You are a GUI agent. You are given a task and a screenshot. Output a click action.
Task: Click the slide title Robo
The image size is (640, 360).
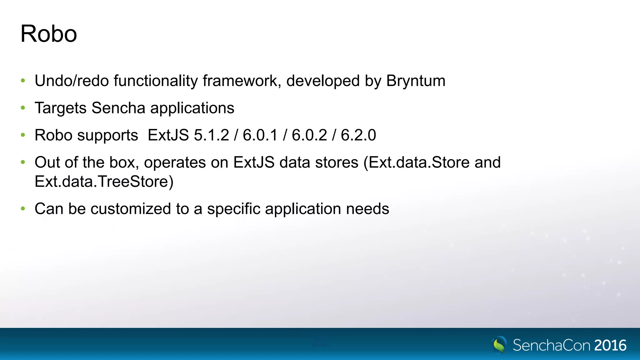pos(48,34)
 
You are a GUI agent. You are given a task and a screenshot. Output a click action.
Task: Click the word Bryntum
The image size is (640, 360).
pos(416,81)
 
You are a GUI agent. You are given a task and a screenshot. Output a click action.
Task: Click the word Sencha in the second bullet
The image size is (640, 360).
pos(118,108)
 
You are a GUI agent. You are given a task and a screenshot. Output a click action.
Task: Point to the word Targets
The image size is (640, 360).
pos(60,108)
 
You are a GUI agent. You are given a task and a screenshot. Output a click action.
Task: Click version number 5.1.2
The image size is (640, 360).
pos(212,135)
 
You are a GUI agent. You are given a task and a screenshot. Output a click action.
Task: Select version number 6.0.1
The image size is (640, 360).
pos(260,135)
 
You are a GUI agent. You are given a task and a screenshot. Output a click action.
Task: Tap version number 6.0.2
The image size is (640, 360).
pos(309,135)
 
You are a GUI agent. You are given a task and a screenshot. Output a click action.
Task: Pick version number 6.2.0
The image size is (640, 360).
pos(358,135)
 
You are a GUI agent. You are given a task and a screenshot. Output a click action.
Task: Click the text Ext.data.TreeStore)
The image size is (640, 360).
pos(104,182)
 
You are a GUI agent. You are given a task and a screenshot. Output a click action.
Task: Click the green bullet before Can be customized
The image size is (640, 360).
pos(23,208)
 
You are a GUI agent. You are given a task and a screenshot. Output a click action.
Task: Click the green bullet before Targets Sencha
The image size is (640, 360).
pos(23,108)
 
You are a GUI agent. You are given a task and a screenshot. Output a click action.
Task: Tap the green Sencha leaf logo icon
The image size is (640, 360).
pos(499,345)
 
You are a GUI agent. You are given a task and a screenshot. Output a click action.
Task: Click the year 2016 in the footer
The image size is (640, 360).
pos(610,345)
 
